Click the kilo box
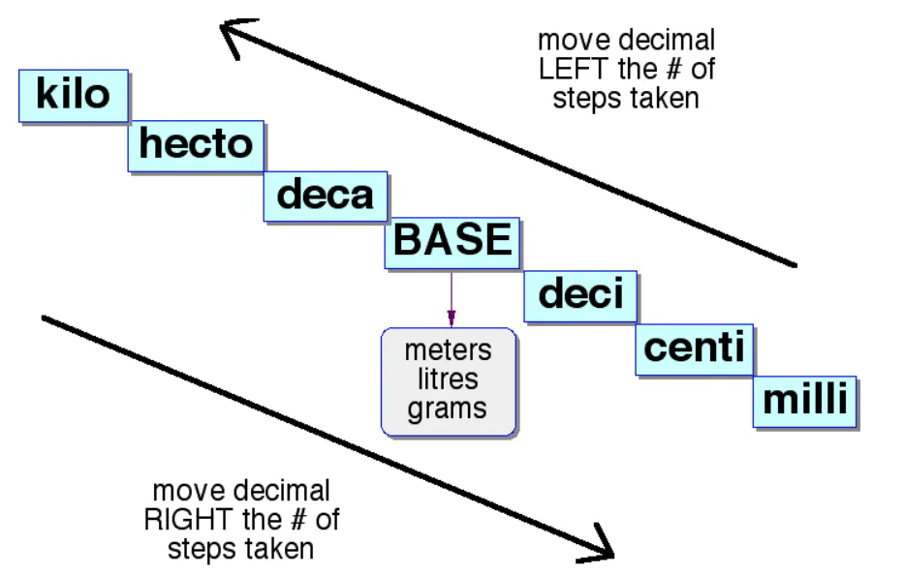point(74,96)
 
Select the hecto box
point(196,146)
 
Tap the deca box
point(326,197)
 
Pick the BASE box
point(452,243)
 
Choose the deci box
point(580,296)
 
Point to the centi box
point(695,350)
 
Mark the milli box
point(805,402)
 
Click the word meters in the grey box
point(448,350)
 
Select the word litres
point(448,379)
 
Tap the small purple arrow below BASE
point(452,298)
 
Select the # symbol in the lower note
point(298,520)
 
